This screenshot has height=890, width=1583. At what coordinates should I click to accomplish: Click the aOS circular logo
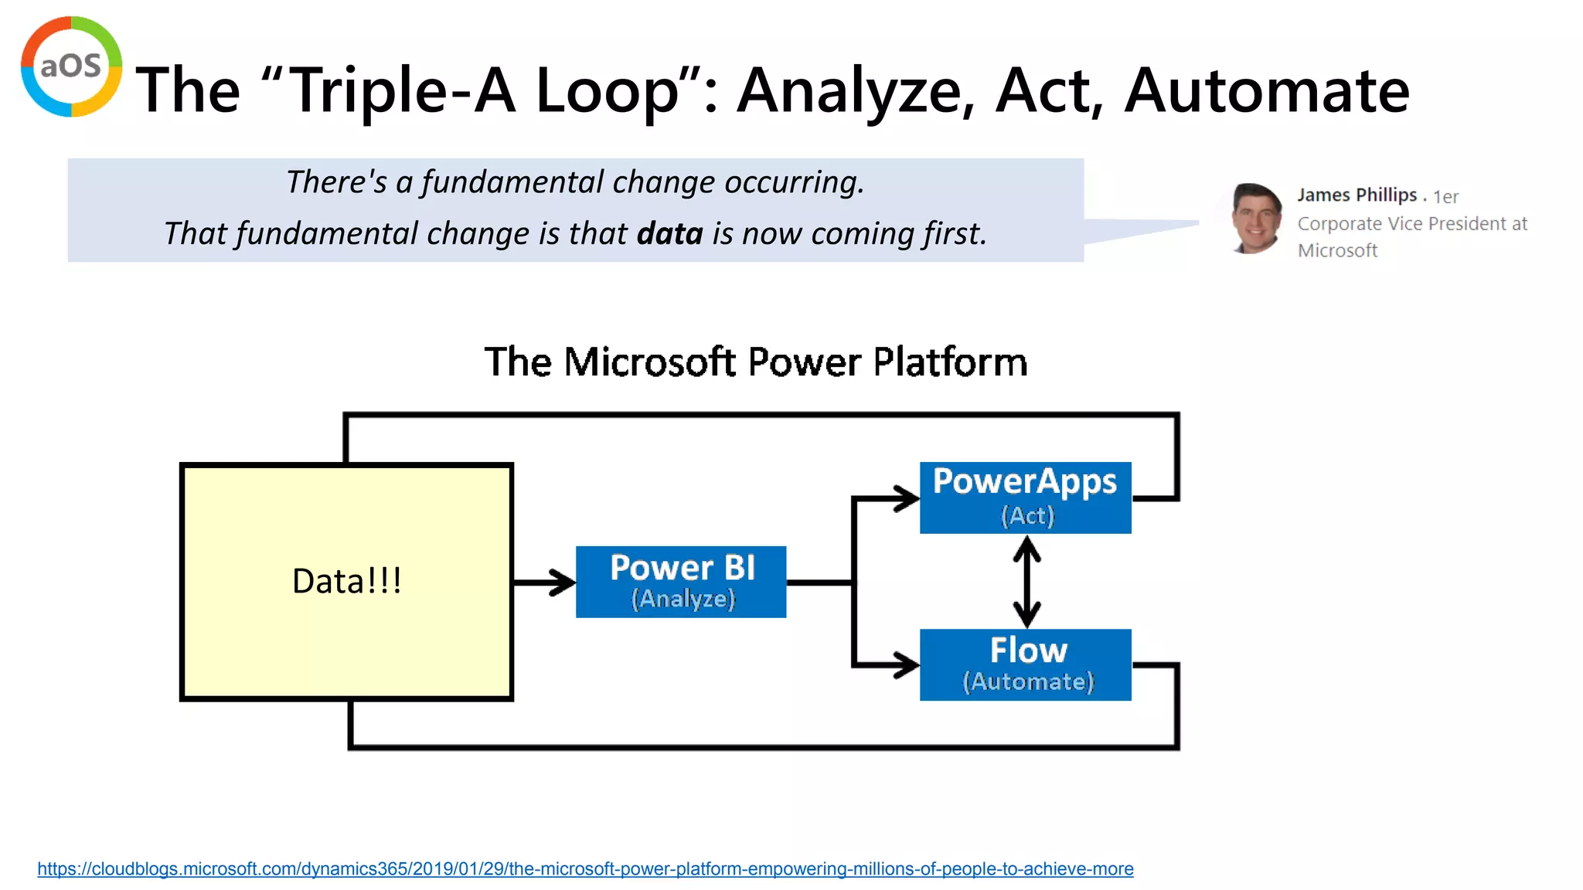[71, 66]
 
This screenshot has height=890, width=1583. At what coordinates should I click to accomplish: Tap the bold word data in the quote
[669, 233]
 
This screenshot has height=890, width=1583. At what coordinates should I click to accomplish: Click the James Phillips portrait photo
[1255, 219]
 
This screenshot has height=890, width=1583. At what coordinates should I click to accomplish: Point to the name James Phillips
[1357, 195]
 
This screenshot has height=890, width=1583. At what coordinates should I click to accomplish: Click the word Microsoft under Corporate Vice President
[1337, 250]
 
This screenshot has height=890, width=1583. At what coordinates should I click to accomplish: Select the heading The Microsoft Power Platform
[755, 362]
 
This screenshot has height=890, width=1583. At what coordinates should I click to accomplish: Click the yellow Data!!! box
[346, 582]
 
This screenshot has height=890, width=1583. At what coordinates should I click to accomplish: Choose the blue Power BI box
[681, 582]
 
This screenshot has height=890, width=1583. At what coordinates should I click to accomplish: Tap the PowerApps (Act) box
[1025, 498]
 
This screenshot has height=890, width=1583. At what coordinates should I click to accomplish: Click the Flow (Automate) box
[1025, 664]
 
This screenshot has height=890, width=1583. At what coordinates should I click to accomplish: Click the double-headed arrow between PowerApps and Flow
[1026, 582]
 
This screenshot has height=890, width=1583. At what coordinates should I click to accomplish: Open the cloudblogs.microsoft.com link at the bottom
[585, 868]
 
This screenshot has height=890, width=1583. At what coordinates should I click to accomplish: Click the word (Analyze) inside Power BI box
[683, 599]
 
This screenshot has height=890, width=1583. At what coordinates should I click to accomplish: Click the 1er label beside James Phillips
[1445, 197]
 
